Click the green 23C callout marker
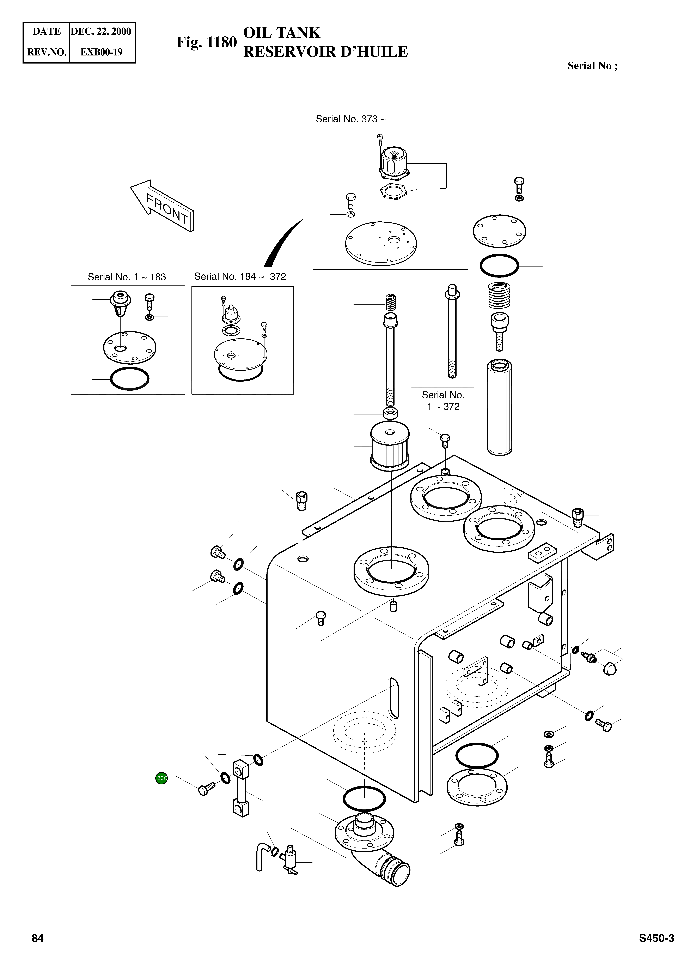pyautogui.click(x=161, y=778)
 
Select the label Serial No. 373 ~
pyautogui.click(x=350, y=119)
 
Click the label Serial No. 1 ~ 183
pyautogui.click(x=127, y=277)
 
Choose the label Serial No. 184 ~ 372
pyautogui.click(x=240, y=277)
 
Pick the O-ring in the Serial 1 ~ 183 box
pyautogui.click(x=130, y=378)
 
